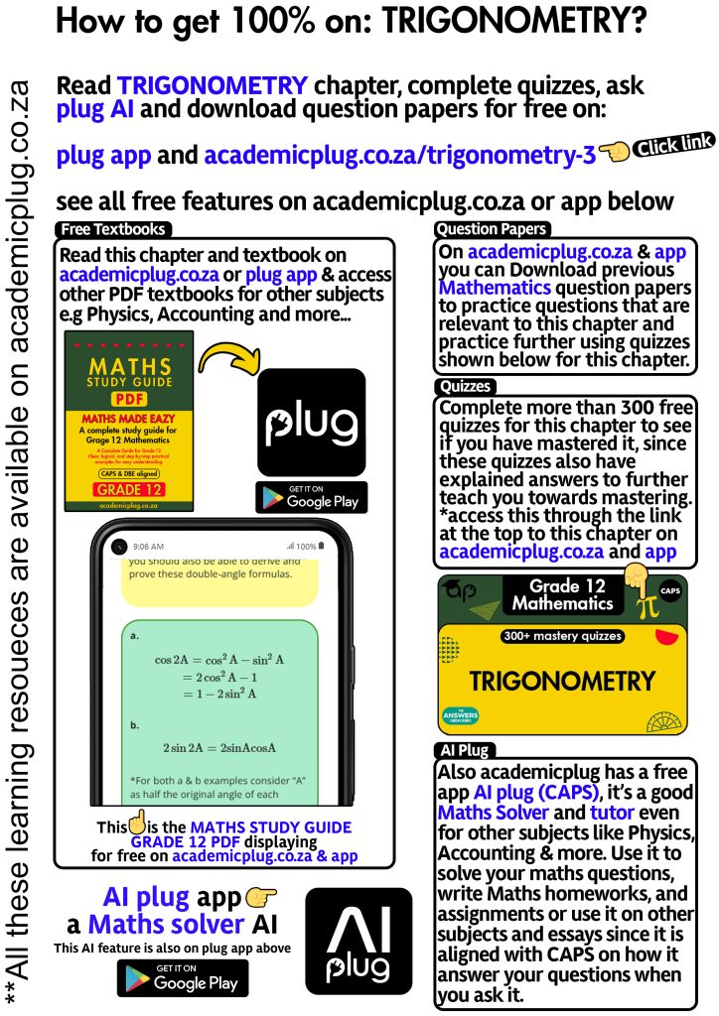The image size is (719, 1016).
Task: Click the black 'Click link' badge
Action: (673, 147)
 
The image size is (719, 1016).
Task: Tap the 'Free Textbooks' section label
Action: (112, 230)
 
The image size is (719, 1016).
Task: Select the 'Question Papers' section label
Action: (493, 230)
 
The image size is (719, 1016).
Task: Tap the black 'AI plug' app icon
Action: (359, 940)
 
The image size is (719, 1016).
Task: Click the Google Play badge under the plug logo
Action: (311, 497)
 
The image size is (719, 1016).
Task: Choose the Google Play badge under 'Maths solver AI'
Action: (183, 978)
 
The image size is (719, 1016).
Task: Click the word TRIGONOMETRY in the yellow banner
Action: (562, 682)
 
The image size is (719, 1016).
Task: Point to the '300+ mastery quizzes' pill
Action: (562, 636)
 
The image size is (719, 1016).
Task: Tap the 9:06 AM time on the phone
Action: (148, 546)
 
